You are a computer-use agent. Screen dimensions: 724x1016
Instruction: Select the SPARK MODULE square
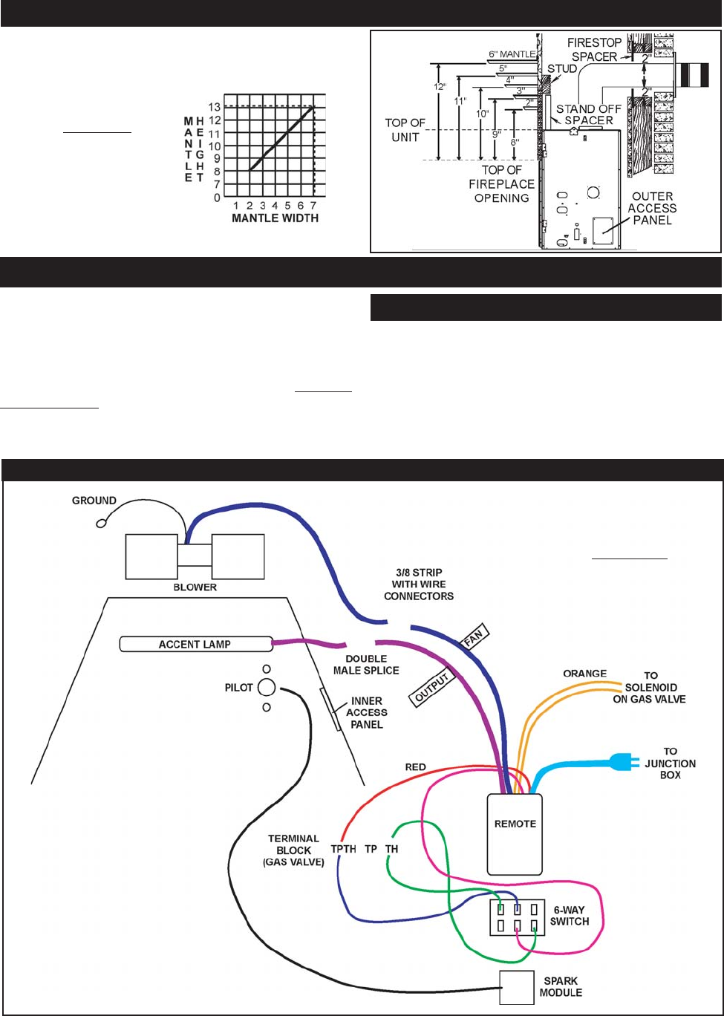[x=516, y=987]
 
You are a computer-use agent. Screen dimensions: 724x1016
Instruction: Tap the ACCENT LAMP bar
[x=195, y=644]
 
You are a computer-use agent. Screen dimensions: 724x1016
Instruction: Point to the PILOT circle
[x=266, y=688]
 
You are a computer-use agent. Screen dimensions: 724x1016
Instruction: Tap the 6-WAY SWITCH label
[x=570, y=915]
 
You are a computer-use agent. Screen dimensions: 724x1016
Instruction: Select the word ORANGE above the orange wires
[x=584, y=674]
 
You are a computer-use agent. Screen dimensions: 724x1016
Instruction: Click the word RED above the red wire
[x=415, y=766]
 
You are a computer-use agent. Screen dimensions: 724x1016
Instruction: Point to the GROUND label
[x=94, y=501]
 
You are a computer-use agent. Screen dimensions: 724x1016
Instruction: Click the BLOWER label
[x=195, y=587]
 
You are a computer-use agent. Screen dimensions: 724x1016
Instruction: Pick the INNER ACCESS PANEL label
[x=366, y=712]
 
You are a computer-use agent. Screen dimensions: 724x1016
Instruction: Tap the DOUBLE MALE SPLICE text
[x=366, y=664]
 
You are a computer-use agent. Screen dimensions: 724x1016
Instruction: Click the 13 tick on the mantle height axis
[x=214, y=106]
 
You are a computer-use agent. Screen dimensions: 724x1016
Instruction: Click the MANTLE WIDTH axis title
[x=275, y=218]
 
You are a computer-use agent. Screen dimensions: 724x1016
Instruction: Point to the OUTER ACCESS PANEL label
[x=652, y=208]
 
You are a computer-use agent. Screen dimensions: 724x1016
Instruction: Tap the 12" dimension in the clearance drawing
[x=440, y=87]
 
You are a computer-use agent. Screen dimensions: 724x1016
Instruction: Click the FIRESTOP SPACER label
[x=594, y=50]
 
